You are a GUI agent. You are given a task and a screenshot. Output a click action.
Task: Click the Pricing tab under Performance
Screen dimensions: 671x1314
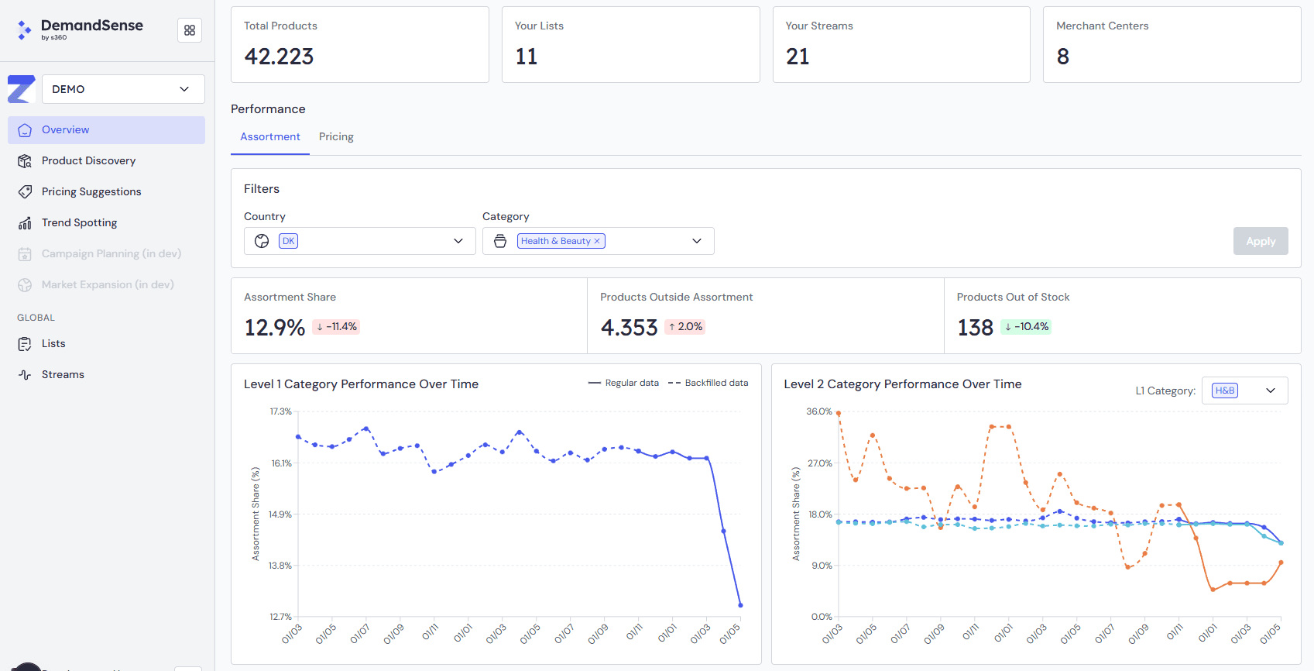click(336, 137)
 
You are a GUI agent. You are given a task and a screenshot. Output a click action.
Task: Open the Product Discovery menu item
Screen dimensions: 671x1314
click(88, 161)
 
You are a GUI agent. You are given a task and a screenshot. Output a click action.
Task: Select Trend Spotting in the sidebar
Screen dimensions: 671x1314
click(79, 223)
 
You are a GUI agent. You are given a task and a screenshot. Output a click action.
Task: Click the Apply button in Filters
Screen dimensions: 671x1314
click(1260, 241)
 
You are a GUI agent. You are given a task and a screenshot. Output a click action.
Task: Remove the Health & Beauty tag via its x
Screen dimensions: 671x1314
click(597, 242)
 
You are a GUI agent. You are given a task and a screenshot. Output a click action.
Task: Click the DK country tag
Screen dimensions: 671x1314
click(288, 241)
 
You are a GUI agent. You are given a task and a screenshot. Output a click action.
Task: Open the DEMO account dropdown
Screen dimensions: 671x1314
click(123, 89)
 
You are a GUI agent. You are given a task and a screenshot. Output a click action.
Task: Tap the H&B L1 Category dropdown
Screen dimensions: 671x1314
click(1244, 391)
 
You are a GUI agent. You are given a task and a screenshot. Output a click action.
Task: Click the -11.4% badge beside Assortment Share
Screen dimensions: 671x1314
click(337, 327)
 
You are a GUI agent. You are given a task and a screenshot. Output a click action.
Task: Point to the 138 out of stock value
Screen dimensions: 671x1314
click(975, 328)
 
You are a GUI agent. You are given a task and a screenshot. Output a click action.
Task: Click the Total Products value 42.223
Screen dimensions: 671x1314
click(279, 57)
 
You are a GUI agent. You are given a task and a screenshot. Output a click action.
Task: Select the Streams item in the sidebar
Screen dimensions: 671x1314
click(63, 375)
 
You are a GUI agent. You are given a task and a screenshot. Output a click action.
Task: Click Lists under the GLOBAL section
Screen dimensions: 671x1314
click(53, 344)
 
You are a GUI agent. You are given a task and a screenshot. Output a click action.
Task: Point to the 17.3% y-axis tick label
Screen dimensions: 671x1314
click(280, 411)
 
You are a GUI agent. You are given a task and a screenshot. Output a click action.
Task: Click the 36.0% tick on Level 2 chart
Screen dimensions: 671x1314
click(818, 411)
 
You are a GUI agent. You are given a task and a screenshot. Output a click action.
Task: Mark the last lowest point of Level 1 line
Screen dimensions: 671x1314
click(740, 605)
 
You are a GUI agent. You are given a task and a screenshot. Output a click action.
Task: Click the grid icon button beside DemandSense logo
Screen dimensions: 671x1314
click(190, 30)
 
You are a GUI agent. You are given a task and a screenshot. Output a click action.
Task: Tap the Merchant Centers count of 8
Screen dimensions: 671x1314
click(1062, 57)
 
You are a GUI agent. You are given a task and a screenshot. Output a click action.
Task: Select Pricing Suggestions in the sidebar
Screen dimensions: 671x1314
click(91, 192)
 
